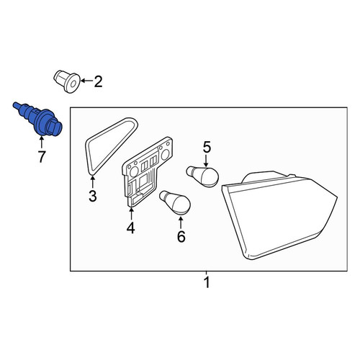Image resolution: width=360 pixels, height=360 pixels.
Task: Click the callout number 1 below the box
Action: pos(207,282)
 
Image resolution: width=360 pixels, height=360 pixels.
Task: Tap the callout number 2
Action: pos(98,81)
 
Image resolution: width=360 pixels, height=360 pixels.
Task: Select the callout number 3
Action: pos(93,196)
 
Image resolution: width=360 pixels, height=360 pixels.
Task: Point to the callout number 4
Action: pos(131,228)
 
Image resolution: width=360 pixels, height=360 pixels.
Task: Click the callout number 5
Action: pos(207,148)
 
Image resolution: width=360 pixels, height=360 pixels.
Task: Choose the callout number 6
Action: pos(181,236)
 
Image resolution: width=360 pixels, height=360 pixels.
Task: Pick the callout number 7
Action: pos(42,157)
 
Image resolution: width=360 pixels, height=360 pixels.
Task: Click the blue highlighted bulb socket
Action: pos(38,119)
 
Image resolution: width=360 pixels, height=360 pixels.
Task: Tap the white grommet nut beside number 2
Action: pos(66,81)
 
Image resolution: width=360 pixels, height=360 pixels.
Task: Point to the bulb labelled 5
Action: pos(202,176)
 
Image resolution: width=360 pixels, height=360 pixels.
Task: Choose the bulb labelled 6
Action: pos(175,203)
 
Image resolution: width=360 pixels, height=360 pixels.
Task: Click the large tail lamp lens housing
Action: pos(279,215)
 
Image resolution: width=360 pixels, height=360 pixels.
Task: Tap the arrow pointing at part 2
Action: pos(87,81)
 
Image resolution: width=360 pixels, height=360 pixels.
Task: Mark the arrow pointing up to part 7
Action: pos(42,142)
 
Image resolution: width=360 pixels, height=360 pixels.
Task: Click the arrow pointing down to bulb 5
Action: pos(206,161)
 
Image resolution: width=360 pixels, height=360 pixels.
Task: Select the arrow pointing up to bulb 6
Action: pos(181,222)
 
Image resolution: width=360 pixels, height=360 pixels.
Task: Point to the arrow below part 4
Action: pos(131,214)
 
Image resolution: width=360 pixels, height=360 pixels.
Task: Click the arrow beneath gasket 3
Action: pos(93,182)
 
